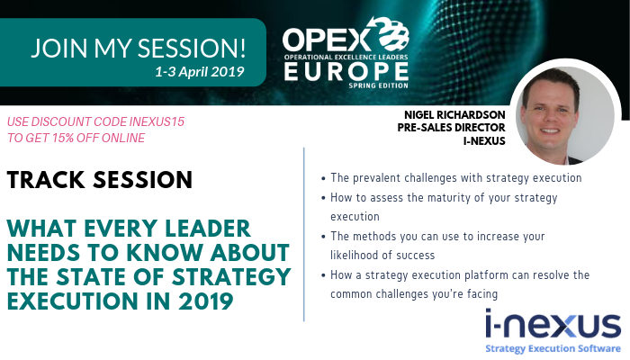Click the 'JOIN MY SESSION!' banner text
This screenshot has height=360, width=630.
(138, 48)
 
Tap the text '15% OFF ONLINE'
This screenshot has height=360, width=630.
(94, 138)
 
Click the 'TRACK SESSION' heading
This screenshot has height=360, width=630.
(99, 180)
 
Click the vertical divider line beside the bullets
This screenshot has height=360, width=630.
(304, 234)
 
